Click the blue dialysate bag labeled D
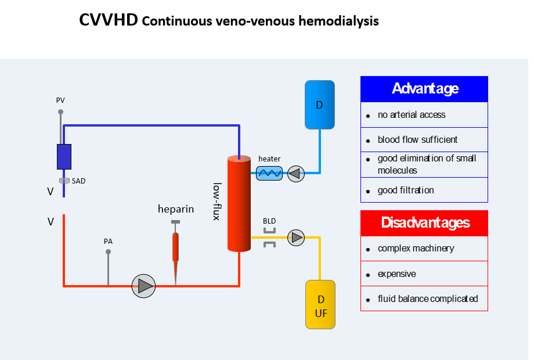319,105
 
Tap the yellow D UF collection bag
320,305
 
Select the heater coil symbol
269,173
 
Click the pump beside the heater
296,173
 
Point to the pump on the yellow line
296,237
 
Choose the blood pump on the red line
143,286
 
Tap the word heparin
176,209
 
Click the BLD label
269,221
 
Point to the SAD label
78,181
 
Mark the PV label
60,100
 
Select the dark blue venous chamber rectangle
64,156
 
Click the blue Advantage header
424,89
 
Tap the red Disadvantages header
424,223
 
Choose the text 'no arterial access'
412,115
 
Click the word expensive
396,274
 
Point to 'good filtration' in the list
405,190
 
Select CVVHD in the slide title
108,21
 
